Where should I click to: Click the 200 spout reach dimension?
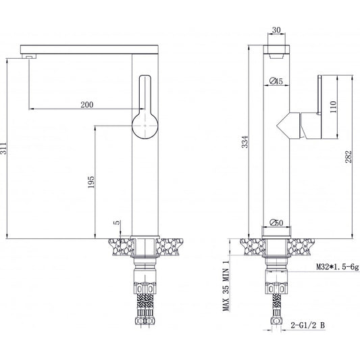(x=87, y=105)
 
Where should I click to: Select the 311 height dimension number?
(x=3, y=148)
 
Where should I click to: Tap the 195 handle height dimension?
(x=91, y=182)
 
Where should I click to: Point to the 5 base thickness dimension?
(x=117, y=222)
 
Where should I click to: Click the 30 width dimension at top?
(x=276, y=30)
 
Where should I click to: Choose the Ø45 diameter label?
(x=276, y=81)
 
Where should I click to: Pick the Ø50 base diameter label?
(x=276, y=222)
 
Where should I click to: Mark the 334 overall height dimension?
(x=245, y=142)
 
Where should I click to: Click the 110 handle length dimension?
(x=333, y=107)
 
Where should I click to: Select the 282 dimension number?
(x=349, y=157)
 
